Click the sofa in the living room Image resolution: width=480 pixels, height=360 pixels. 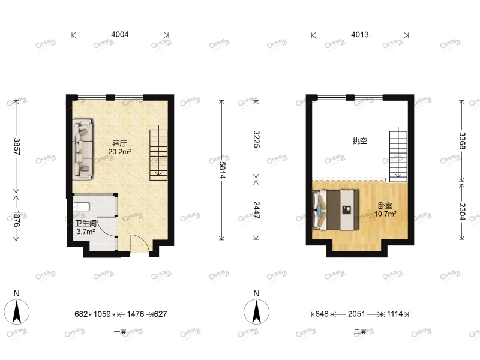[83, 149]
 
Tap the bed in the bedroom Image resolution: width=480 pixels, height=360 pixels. [336, 209]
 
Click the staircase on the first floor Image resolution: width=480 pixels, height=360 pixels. [158, 154]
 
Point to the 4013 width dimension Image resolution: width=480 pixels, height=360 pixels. [359, 35]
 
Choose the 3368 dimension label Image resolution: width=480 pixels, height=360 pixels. [462, 143]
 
